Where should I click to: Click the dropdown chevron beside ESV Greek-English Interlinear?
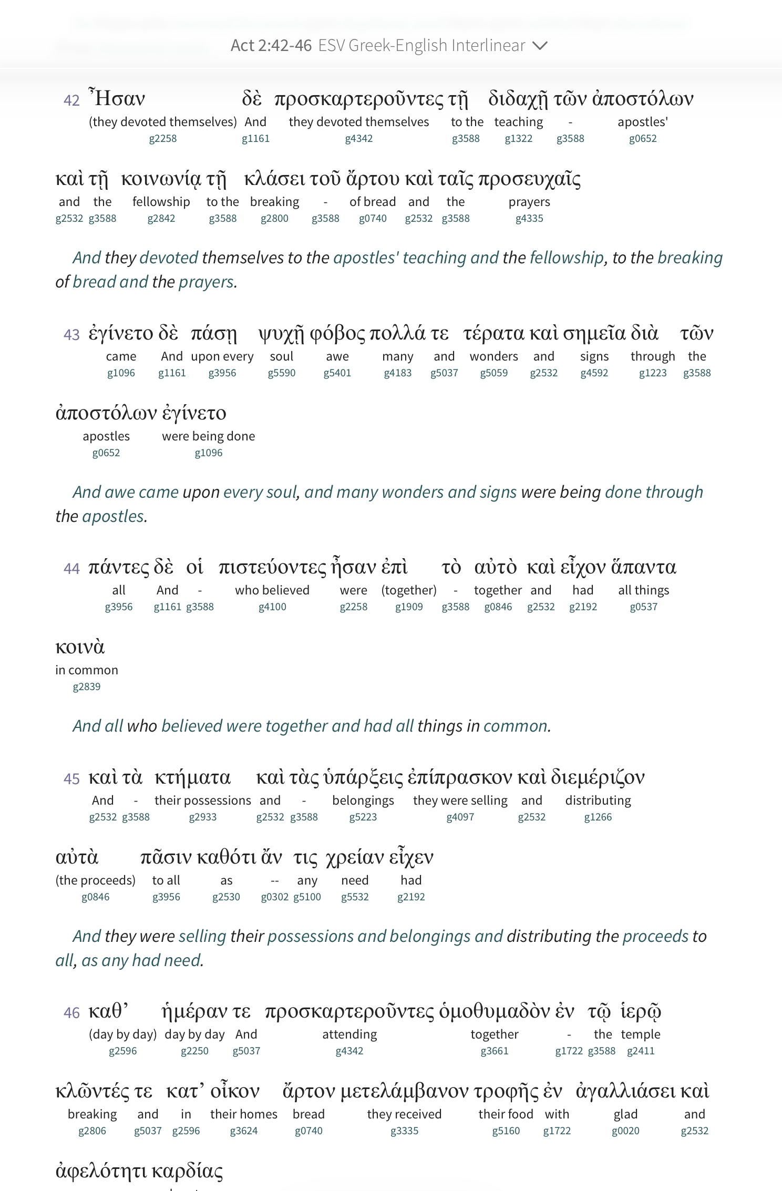(x=540, y=46)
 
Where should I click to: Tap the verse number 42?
(x=71, y=100)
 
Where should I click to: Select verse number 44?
(x=71, y=569)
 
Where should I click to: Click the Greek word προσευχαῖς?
(x=529, y=179)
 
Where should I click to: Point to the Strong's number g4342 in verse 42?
(x=359, y=139)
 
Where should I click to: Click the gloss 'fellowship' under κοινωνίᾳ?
(x=161, y=202)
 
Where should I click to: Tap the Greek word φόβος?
(x=337, y=333)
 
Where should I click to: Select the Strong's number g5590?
(x=282, y=373)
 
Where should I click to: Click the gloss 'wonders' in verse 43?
(x=493, y=356)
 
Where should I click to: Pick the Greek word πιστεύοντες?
(x=272, y=567)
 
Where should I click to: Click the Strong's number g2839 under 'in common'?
(x=87, y=687)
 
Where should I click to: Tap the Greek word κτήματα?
(x=192, y=777)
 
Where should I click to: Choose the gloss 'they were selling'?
(x=460, y=800)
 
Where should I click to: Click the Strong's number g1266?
(x=598, y=817)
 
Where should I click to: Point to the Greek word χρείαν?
(x=355, y=857)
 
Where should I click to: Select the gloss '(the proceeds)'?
(x=96, y=880)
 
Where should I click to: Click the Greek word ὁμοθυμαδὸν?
(x=495, y=1011)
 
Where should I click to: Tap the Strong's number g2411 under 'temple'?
(x=641, y=1051)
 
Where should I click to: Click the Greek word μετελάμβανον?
(x=404, y=1092)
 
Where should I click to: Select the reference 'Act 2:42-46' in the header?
(x=271, y=46)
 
